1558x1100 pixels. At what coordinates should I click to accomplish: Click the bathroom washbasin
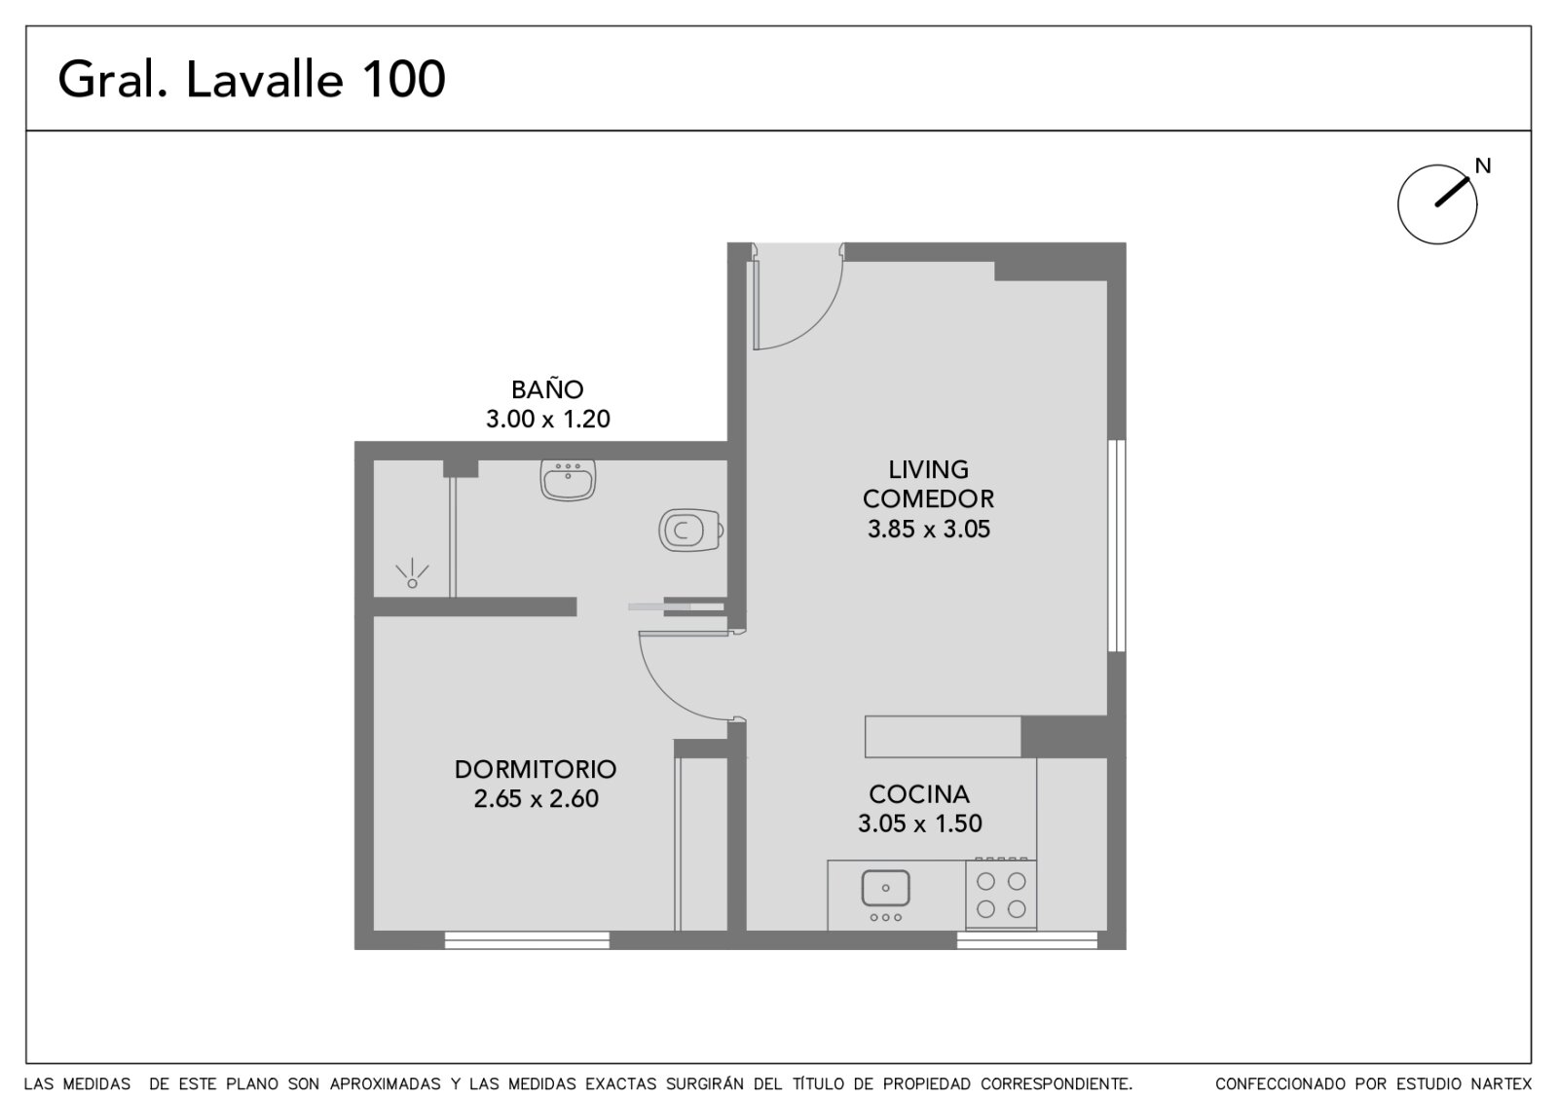[x=568, y=480]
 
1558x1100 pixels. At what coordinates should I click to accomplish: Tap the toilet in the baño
[x=690, y=530]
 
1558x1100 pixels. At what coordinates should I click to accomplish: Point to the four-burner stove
[x=1001, y=895]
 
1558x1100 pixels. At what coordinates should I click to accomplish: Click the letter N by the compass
[x=1483, y=166]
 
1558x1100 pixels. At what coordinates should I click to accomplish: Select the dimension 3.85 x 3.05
[x=929, y=530]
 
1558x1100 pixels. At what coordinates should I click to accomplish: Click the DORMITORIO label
[x=536, y=769]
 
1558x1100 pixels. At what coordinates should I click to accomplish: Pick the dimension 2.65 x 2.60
[x=536, y=798]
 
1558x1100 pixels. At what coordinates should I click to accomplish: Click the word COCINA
[x=919, y=794]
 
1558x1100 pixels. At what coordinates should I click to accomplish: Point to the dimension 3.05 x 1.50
[x=919, y=824]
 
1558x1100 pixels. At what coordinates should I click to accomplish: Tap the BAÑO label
[x=547, y=388]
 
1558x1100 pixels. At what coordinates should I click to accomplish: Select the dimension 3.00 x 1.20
[x=547, y=419]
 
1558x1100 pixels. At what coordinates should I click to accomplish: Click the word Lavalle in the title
[x=264, y=79]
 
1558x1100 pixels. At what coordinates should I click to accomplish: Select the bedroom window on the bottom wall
[x=527, y=940]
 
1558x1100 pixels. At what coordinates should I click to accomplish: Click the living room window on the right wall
[x=1116, y=546]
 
